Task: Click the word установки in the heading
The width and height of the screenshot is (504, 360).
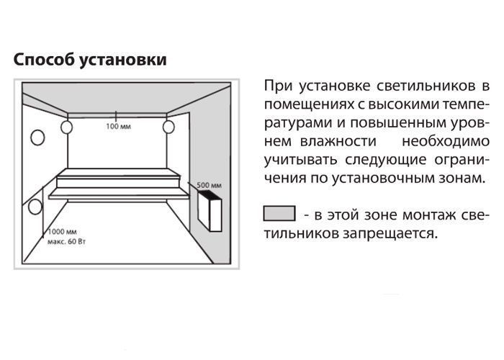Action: [x=123, y=60]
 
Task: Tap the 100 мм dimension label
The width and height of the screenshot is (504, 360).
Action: [x=118, y=127]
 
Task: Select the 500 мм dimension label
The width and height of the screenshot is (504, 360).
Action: [x=209, y=185]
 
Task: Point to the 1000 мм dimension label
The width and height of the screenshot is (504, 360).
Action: [x=63, y=232]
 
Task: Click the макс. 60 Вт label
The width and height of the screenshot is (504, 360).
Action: [x=66, y=242]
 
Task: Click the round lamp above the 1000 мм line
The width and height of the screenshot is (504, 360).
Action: [x=35, y=207]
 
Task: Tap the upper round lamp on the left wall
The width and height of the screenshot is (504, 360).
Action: [x=37, y=138]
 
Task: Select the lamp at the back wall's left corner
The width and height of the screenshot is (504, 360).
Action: [x=66, y=127]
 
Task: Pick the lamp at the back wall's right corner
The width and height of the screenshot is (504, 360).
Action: [x=168, y=127]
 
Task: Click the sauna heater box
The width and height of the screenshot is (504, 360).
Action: [x=210, y=210]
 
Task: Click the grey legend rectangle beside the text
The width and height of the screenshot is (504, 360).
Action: [x=279, y=213]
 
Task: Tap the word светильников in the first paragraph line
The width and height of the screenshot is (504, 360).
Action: [x=426, y=86]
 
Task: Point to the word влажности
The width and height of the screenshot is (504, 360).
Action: [x=338, y=141]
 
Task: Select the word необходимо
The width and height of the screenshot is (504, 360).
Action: [x=446, y=141]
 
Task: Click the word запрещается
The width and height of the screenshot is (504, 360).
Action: [x=390, y=234]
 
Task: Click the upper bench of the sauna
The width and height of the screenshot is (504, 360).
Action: [x=117, y=178]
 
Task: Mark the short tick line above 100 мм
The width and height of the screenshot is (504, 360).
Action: [x=116, y=116]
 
